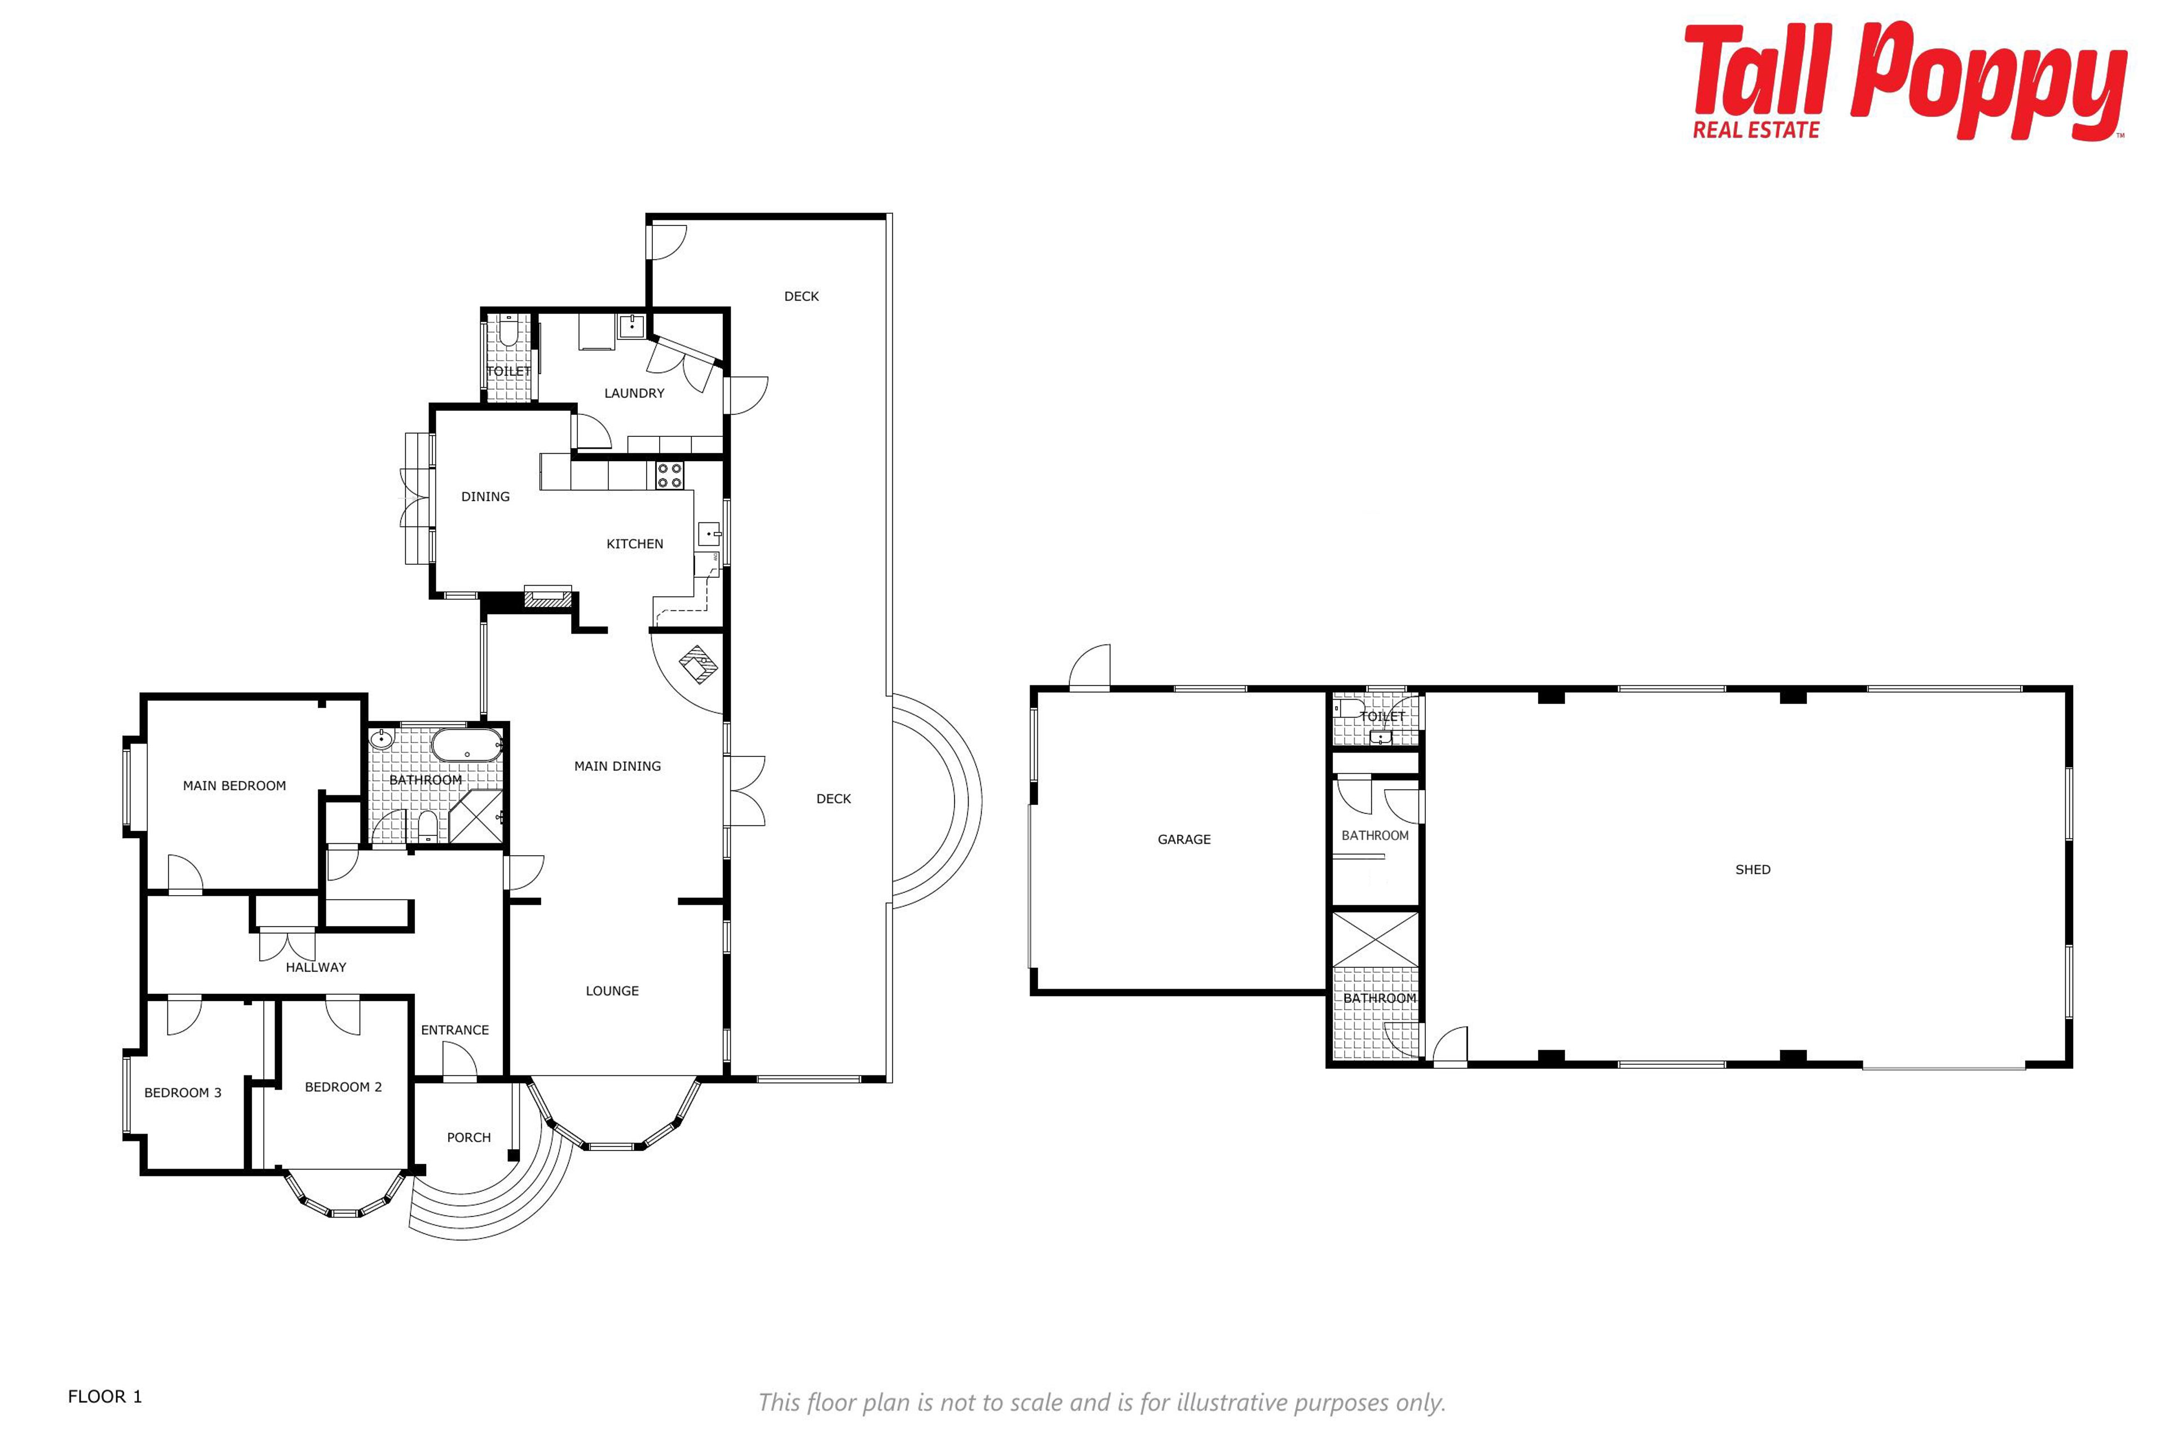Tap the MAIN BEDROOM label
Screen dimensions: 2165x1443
click(234, 786)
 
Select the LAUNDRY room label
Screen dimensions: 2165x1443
click(634, 393)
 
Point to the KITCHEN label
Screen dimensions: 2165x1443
click(634, 544)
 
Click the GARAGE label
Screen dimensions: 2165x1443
click(1184, 839)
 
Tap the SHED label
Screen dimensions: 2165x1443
click(1753, 870)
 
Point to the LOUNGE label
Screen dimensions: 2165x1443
click(612, 991)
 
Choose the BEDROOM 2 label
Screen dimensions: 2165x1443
click(343, 1087)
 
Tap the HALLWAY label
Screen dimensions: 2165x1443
click(316, 967)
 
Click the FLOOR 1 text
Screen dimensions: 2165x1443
click(105, 1397)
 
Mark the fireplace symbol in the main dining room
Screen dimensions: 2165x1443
click(700, 665)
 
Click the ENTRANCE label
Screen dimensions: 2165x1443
click(455, 1030)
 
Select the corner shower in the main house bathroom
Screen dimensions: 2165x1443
click(477, 817)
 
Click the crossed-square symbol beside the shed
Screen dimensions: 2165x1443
click(1376, 939)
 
